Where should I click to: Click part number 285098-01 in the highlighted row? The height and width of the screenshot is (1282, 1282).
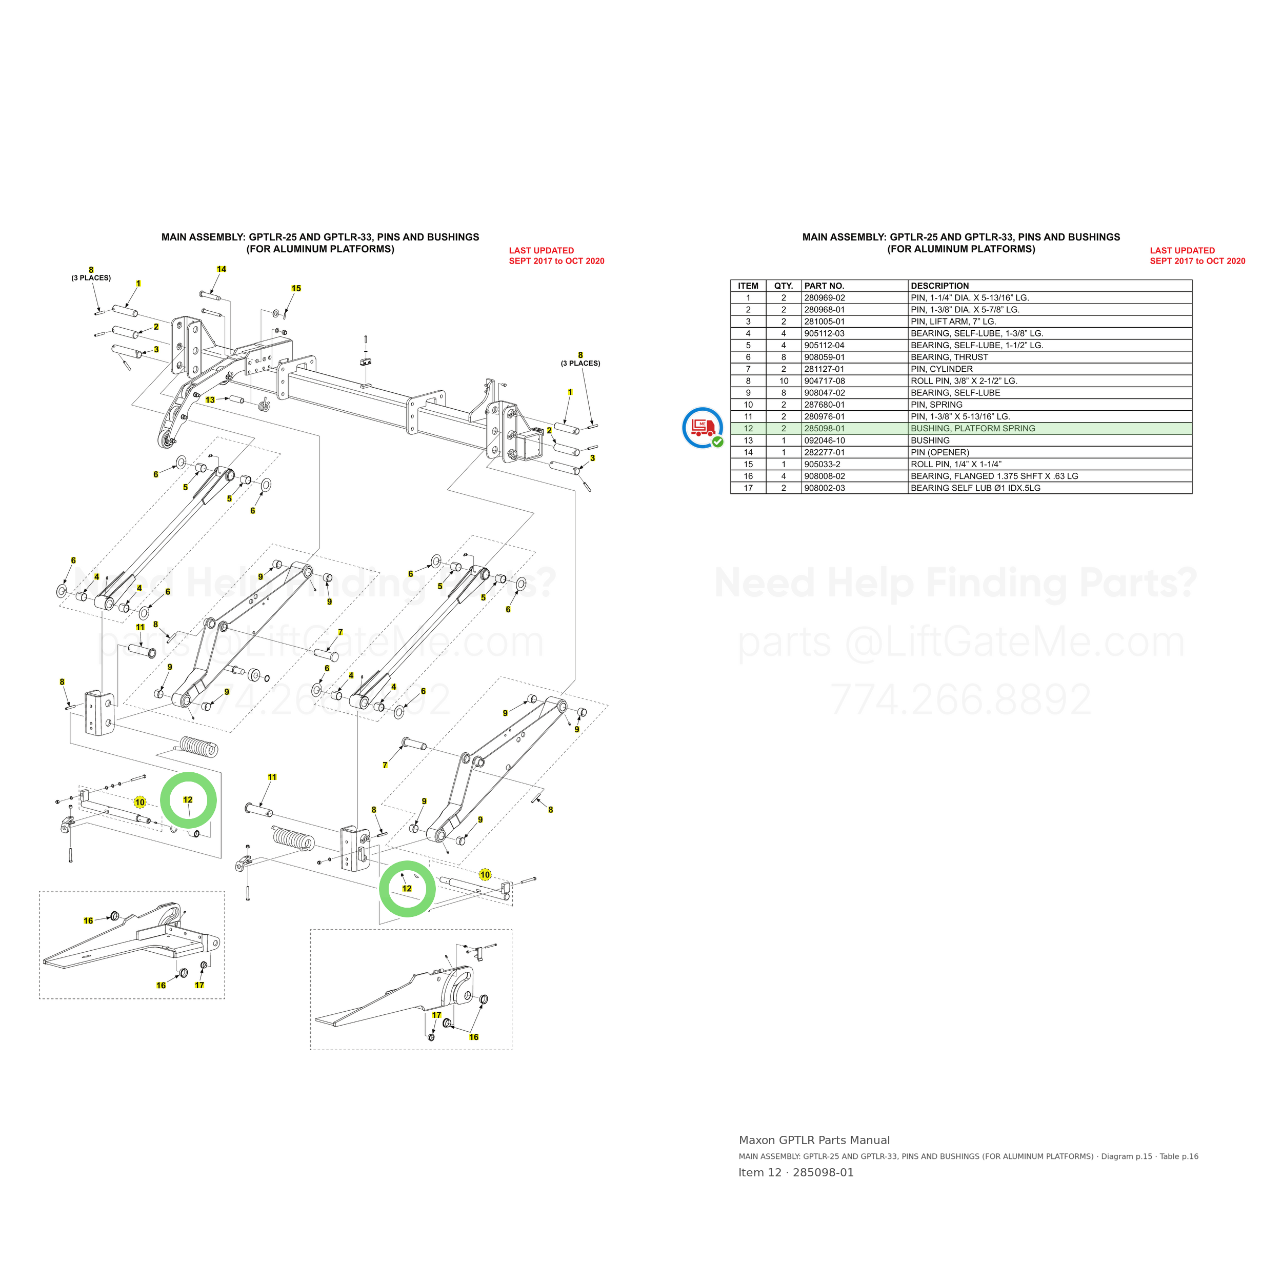click(824, 429)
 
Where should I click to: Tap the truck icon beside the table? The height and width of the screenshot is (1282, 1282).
click(703, 428)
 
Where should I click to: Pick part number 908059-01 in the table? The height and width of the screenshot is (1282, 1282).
click(824, 357)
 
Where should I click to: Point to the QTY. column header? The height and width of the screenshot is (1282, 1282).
click(784, 286)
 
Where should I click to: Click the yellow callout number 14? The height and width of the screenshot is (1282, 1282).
click(222, 269)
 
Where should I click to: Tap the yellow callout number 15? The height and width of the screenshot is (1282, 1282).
click(296, 289)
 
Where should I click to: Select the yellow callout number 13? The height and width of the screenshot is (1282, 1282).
click(210, 400)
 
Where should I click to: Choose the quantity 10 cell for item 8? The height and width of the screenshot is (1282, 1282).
click(784, 381)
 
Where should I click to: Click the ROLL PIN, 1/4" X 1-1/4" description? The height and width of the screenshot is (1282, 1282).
click(955, 465)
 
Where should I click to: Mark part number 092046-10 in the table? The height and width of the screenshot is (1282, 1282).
click(824, 440)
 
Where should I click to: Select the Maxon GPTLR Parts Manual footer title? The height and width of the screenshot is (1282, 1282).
click(814, 1140)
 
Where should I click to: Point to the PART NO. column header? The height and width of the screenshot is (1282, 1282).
click(824, 286)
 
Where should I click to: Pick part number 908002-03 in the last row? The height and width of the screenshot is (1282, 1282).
click(824, 488)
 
